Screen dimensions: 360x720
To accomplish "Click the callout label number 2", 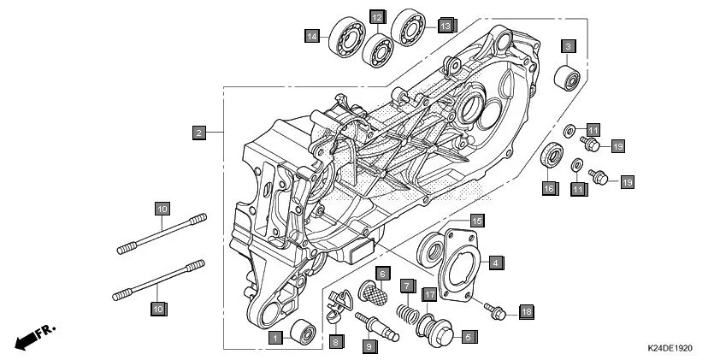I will [x=198, y=133].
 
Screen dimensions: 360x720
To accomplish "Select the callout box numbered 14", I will [x=313, y=35].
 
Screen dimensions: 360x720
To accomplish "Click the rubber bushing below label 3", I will [x=568, y=77].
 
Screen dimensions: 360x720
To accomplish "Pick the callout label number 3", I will [x=568, y=45].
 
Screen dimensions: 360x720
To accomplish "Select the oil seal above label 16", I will [x=552, y=157].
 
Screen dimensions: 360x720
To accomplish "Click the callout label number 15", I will [x=476, y=220].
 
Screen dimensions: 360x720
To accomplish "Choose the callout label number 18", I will [x=526, y=312].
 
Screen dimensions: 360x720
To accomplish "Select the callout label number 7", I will [x=409, y=285].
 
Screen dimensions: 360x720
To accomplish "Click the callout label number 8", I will [x=337, y=340].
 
